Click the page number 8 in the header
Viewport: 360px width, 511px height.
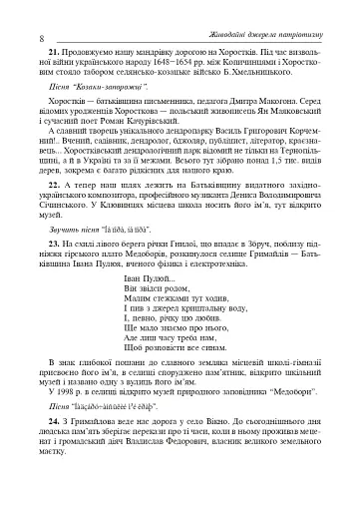(x=11, y=12)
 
